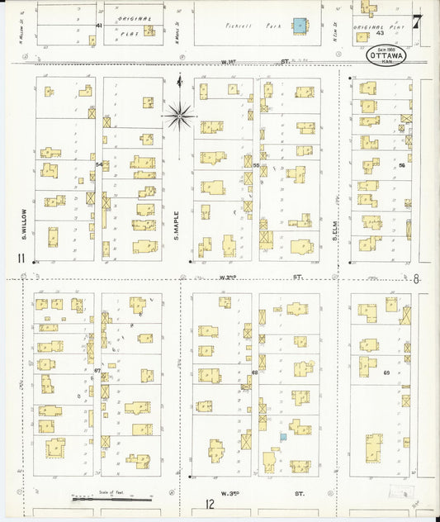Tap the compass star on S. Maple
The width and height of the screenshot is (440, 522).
179,115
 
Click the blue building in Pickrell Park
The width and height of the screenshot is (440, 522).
299,26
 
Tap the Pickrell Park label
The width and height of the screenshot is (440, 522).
242,26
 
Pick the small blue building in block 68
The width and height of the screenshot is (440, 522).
282,436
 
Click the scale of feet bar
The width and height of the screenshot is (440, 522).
111,499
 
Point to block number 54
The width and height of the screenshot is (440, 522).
99,164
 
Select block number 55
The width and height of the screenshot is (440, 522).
256,165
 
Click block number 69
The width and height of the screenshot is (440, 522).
386,373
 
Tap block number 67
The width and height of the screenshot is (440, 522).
97,371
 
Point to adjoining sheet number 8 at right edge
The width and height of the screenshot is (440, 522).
416,279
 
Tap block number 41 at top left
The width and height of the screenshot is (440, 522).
99,26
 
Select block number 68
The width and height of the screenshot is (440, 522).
255,373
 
